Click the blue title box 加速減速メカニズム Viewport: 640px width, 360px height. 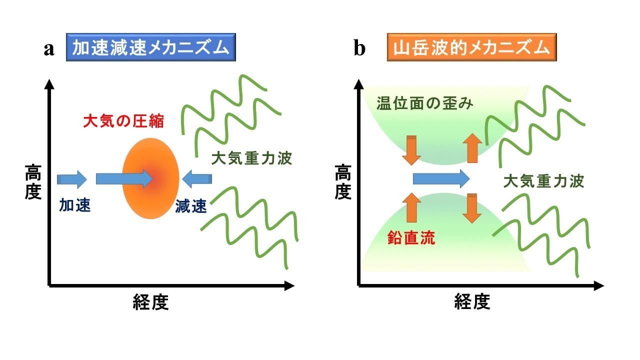pos(150,48)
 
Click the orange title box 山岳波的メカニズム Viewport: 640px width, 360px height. pos(471,48)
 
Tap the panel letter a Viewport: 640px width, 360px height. pos(48,49)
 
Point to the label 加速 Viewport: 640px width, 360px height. pos(75,205)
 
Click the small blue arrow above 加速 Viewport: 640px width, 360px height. pos(72,178)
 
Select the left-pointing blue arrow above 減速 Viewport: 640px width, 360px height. pos(197,178)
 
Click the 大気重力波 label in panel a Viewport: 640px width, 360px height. pos(251,158)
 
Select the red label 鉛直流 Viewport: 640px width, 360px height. pos(411,238)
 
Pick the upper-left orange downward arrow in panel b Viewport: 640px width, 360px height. pos(411,149)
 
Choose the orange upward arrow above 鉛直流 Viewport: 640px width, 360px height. pos(411,207)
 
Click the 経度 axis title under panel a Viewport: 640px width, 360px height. pos(150,302)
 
